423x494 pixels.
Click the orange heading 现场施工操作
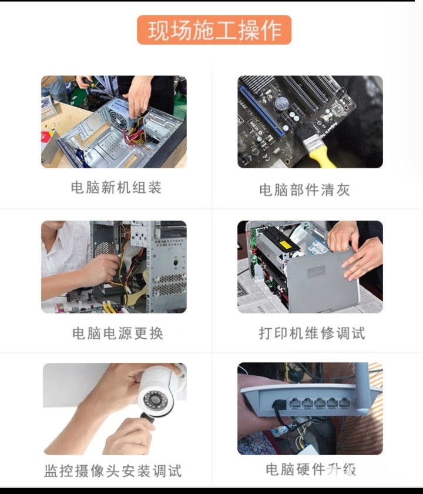214,30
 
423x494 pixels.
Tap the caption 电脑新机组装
116,188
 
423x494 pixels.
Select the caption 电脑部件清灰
304,190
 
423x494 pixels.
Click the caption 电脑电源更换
117,333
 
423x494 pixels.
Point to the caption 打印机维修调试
312,333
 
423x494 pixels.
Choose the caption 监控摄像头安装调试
113,471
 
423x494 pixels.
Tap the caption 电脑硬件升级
311,469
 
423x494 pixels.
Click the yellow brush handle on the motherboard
321,159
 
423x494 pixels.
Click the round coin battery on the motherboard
280,103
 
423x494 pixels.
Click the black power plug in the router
279,404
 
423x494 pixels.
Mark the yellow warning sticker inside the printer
284,245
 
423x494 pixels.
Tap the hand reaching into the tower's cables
100,270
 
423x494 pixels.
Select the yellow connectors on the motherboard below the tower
109,307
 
